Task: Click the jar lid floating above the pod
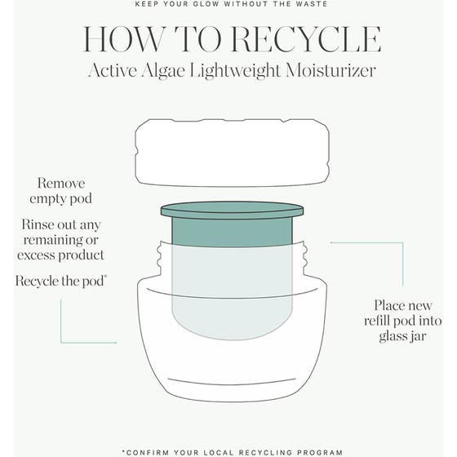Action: click(232, 152)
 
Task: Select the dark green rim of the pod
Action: click(232, 211)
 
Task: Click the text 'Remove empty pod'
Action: click(61, 191)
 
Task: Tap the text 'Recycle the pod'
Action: click(61, 281)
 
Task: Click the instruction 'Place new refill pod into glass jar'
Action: click(397, 319)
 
